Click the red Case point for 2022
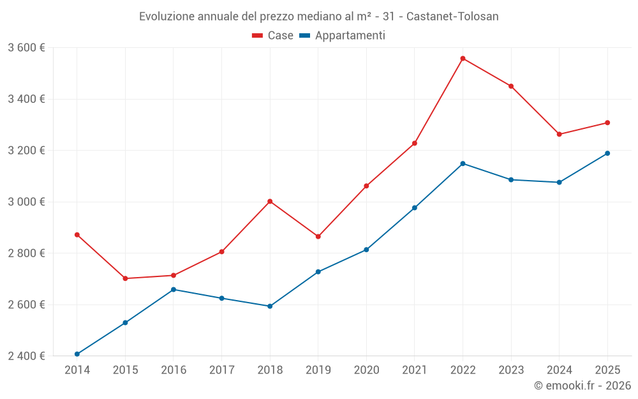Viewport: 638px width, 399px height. (x=463, y=58)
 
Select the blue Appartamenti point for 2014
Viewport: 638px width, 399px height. (x=77, y=354)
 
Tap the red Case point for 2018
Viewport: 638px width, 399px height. (x=270, y=201)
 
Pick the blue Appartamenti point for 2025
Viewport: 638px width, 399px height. (x=607, y=153)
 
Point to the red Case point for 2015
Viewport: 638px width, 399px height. (x=125, y=278)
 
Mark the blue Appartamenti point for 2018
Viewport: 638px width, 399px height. (x=270, y=306)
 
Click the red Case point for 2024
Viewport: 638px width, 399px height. (x=560, y=134)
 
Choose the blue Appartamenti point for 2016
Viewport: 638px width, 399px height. (x=174, y=289)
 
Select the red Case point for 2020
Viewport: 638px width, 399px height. (x=366, y=186)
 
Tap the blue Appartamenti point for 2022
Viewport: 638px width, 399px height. (x=463, y=163)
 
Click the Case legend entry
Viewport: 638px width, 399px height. (x=273, y=36)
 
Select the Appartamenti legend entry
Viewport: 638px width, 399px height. (x=343, y=36)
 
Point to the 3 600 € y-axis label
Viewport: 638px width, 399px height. (x=26, y=48)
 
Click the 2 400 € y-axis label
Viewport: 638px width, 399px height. (x=26, y=356)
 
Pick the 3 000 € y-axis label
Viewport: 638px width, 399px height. (x=26, y=202)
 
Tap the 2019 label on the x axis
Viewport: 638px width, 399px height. (x=318, y=370)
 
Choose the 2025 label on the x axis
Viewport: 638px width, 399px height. (x=607, y=370)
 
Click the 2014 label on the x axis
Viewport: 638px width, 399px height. (x=77, y=370)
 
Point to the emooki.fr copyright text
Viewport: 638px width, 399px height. (x=582, y=386)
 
